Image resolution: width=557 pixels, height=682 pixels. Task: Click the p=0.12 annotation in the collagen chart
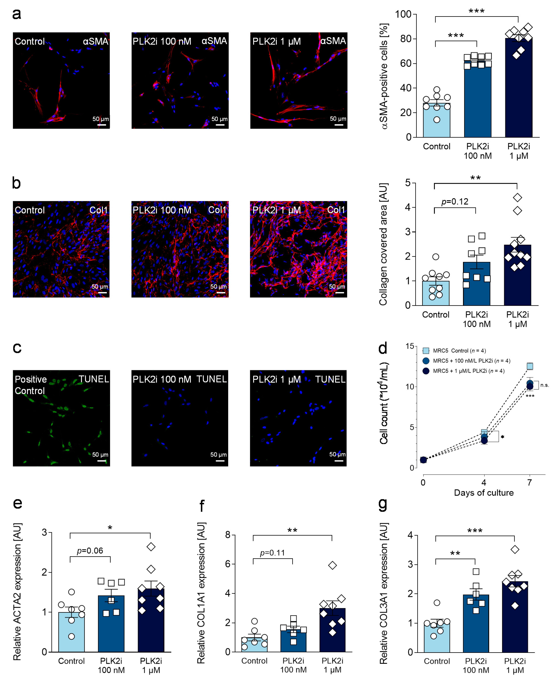coord(455,202)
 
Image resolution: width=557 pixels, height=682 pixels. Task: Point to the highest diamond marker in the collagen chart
coord(517,197)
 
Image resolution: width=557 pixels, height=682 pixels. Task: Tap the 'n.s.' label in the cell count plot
coord(544,385)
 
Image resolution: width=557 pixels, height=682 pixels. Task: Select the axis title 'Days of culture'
coord(484,493)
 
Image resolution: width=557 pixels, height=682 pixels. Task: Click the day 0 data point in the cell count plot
coord(423,460)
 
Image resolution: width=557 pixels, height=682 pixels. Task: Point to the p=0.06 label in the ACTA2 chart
coord(90,551)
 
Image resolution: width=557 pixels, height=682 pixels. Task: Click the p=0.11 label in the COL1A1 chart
coord(272,553)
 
